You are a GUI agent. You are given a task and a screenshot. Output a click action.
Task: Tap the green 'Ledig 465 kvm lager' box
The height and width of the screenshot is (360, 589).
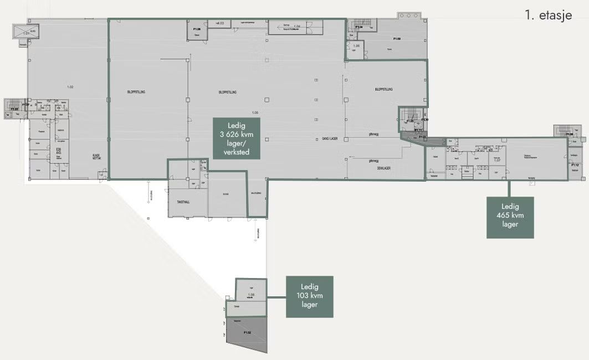click(510, 217)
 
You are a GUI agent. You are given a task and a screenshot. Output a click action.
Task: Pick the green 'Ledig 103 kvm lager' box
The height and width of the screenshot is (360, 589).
click(309, 296)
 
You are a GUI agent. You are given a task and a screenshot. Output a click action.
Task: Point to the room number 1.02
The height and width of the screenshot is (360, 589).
click(70, 87)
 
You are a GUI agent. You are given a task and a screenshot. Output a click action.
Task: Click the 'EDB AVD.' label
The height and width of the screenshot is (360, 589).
click(58, 151)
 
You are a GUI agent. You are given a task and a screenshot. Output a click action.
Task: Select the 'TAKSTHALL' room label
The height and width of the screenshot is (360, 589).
click(183, 202)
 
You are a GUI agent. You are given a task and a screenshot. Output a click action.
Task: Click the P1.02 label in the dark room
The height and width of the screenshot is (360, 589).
click(247, 332)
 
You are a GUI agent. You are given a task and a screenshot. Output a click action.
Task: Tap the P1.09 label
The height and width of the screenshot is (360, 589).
click(397, 39)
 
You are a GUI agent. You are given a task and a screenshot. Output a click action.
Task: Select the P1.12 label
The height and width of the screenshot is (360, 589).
click(575, 165)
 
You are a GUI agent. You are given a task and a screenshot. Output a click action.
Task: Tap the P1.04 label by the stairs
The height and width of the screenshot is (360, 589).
click(358, 27)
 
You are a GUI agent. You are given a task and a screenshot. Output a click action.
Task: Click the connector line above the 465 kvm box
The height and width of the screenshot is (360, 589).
click(509, 188)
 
